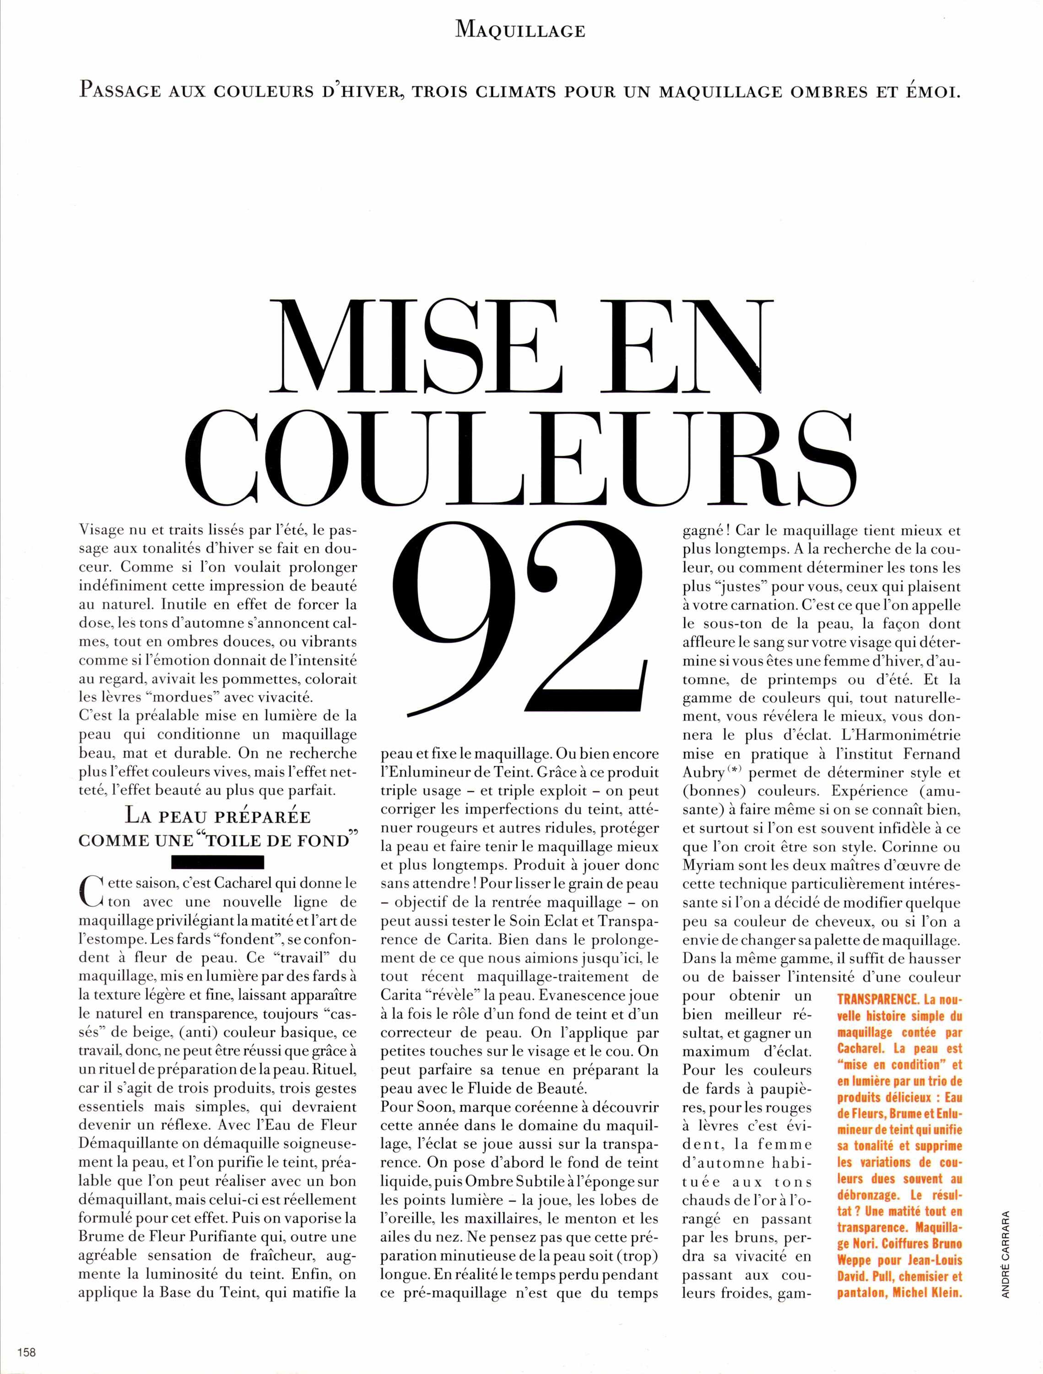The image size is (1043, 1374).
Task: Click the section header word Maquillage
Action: [520, 30]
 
